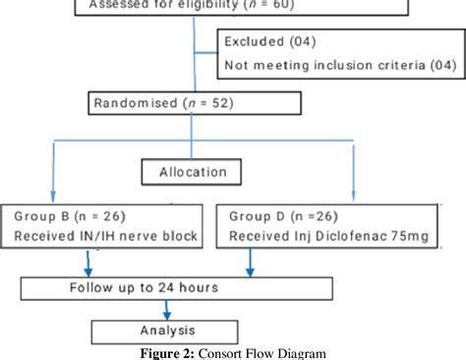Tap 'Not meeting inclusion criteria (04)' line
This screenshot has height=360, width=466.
(339, 67)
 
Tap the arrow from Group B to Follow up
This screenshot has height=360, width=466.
(88, 264)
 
